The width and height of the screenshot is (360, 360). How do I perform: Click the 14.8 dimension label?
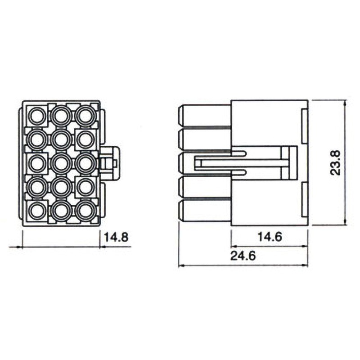116,237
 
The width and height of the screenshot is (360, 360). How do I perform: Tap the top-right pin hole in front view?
84,116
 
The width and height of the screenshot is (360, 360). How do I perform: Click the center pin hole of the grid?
60,162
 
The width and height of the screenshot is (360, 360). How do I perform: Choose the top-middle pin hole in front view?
60,116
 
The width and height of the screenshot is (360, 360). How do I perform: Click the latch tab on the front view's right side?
109,162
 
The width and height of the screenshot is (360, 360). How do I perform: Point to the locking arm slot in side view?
220,162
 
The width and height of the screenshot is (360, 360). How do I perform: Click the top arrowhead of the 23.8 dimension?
344,103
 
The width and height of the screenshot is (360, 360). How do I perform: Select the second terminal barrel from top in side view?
205,139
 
